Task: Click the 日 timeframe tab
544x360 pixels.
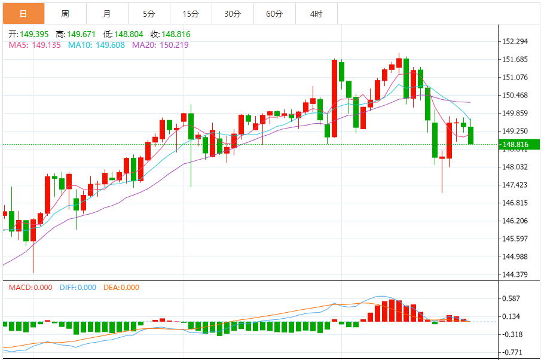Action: click(23, 13)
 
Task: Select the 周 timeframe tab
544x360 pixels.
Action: click(65, 13)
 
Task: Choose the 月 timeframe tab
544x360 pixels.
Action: click(106, 13)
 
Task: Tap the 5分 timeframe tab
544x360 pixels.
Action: click(149, 13)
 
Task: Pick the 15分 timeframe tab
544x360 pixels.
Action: click(191, 13)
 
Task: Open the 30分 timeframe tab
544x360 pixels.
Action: click(233, 13)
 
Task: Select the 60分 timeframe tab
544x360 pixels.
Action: click(274, 13)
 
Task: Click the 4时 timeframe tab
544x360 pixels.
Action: click(316, 13)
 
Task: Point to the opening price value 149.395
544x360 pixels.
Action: click(35, 34)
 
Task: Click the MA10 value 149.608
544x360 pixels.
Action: click(108, 44)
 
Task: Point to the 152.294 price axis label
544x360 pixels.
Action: click(515, 41)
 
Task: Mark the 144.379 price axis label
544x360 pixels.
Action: click(515, 274)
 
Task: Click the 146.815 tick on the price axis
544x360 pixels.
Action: click(515, 203)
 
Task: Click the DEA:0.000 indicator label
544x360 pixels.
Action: click(121, 288)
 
